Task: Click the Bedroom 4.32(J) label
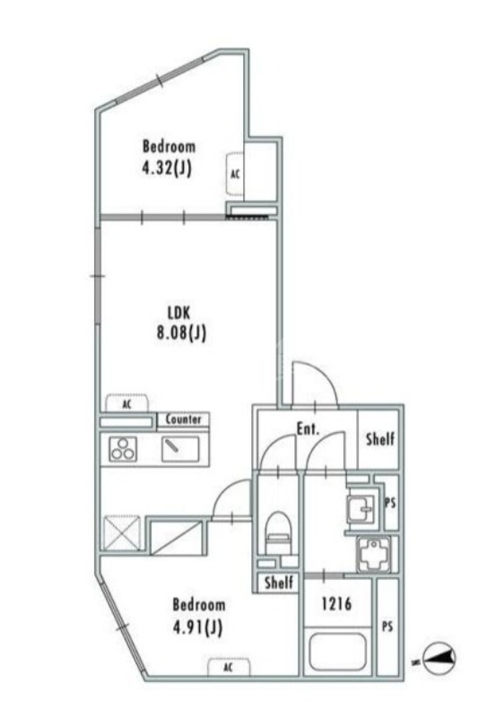[169, 156]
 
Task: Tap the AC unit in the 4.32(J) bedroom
[234, 175]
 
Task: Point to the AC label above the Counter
[126, 404]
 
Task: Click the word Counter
[183, 419]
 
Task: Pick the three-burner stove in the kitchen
[123, 448]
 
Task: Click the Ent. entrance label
[308, 429]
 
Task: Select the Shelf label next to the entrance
[379, 439]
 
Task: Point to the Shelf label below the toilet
[278, 583]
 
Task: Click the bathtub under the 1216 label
[337, 652]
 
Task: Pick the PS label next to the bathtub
[387, 625]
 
